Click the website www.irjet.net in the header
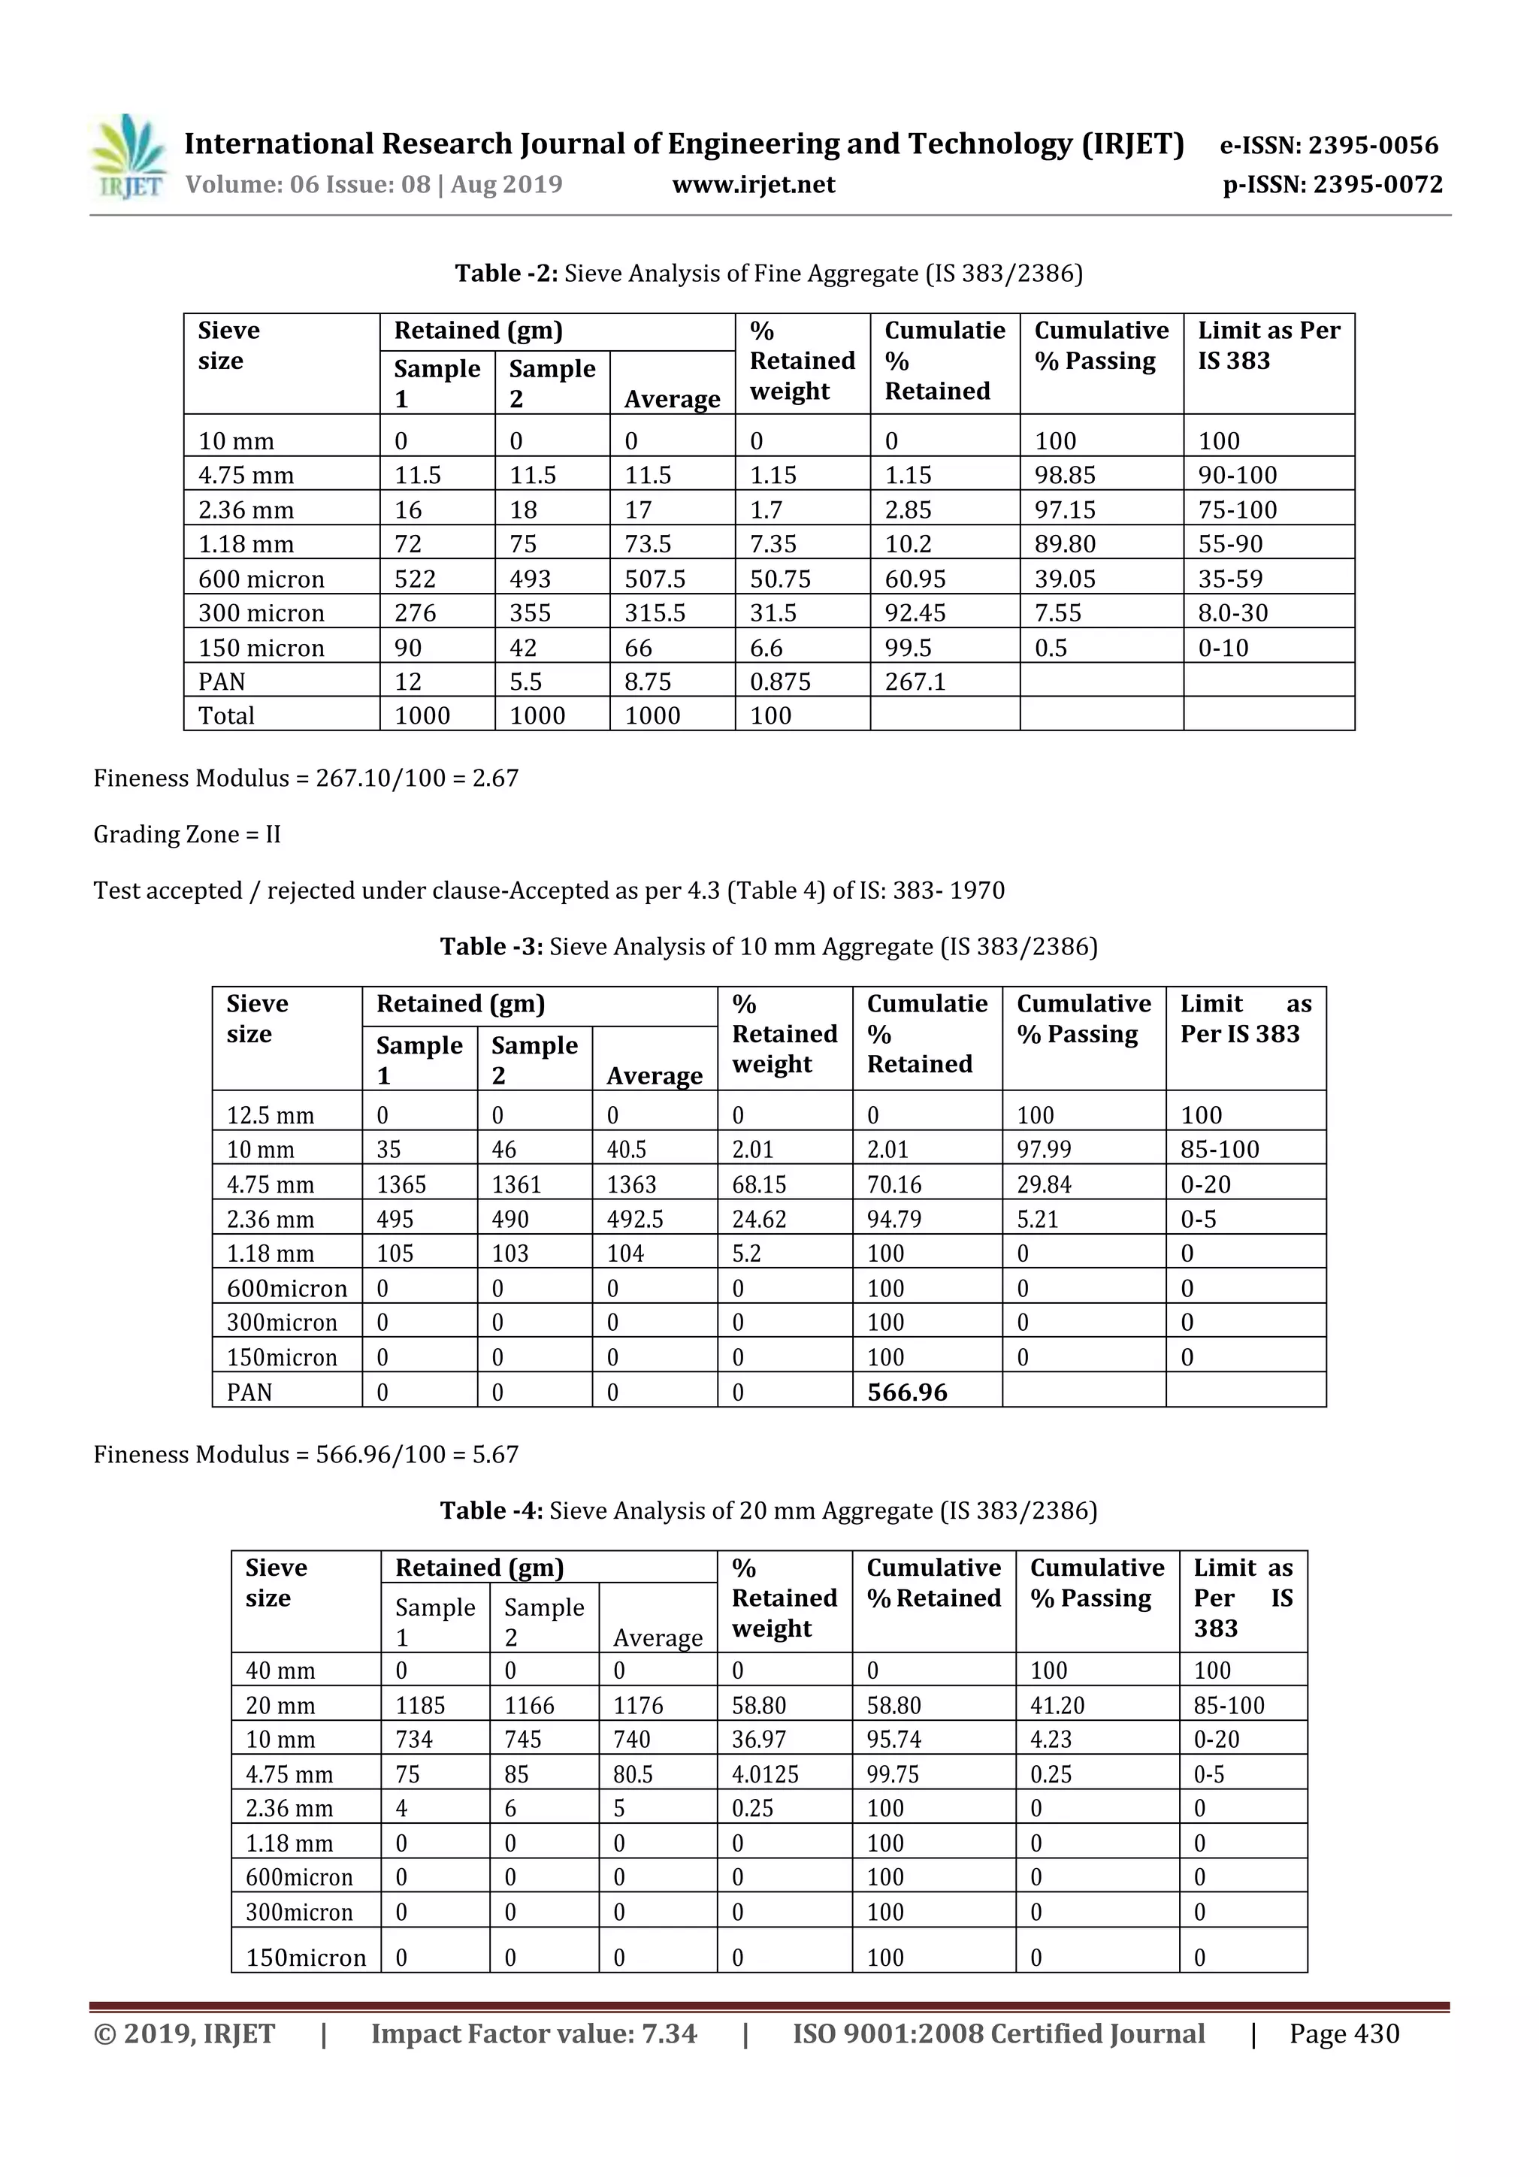753,185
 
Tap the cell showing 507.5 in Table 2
655,579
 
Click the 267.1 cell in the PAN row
915,682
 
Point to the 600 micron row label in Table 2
261,579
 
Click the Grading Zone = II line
187,834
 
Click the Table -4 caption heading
768,1510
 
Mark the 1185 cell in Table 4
420,1706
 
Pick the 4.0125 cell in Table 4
764,1774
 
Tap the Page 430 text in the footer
1344,2033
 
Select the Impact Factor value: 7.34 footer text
534,2033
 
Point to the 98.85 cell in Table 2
1065,475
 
